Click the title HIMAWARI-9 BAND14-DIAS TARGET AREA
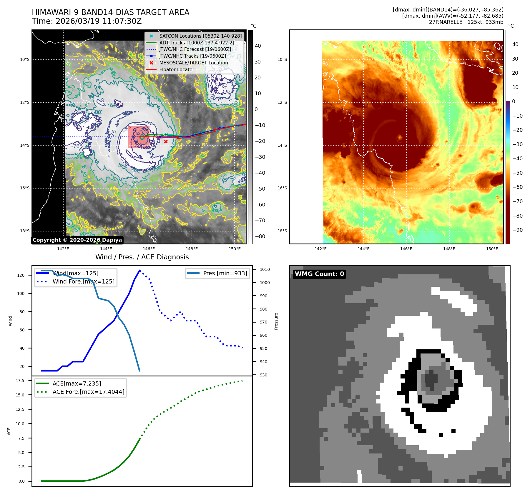tap(110, 12)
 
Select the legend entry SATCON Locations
tap(200, 36)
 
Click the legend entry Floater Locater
tap(177, 70)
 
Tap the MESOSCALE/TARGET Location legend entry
tap(193, 63)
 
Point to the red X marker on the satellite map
tap(166, 142)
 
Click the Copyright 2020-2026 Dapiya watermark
tap(77, 240)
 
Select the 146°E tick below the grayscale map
tap(149, 249)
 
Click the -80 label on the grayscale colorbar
tap(260, 236)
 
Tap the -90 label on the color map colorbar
tap(517, 230)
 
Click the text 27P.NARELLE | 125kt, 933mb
tap(466, 22)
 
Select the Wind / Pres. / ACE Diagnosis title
tap(142, 257)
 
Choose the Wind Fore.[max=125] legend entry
tap(83, 281)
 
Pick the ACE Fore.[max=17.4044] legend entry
tap(88, 392)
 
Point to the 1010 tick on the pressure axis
tap(265, 269)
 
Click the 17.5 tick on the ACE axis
tap(20, 381)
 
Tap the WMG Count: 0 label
tap(319, 274)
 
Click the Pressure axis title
tap(276, 321)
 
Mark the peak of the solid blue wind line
tap(139, 270)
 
